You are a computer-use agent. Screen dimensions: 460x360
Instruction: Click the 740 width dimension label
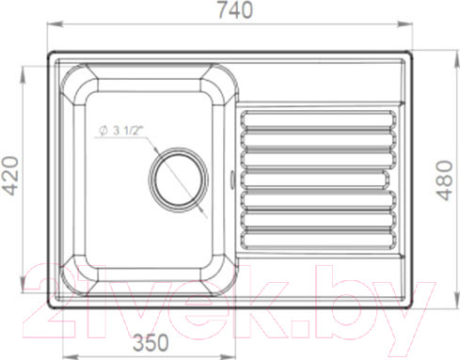235,9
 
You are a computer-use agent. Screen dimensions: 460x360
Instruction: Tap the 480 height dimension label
445,180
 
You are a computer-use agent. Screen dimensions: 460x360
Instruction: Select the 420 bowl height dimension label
10,176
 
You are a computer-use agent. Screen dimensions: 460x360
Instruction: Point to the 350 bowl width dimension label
151,342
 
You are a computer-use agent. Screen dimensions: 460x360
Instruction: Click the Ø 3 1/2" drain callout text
120,131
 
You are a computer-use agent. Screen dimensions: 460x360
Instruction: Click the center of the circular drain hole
179,180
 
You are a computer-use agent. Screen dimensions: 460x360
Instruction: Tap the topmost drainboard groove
318,119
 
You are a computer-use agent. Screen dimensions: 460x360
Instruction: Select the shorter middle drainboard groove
315,180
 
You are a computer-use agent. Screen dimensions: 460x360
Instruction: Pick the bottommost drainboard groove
318,240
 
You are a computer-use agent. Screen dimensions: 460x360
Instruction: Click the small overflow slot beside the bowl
232,180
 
